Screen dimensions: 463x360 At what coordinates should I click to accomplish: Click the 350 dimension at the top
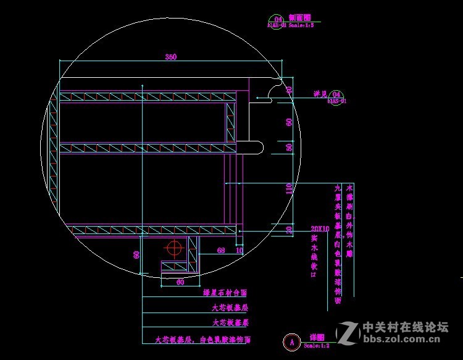point(171,57)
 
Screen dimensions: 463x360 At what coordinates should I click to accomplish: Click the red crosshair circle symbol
point(175,248)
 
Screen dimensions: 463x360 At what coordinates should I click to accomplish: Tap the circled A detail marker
point(291,340)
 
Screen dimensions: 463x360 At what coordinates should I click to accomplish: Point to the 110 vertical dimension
point(289,189)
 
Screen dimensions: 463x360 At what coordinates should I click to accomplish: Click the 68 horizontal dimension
point(221,250)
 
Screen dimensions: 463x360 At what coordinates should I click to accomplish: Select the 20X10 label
point(320,228)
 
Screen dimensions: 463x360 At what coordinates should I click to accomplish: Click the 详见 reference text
point(320,94)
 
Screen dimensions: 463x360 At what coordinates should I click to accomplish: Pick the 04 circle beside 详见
point(336,94)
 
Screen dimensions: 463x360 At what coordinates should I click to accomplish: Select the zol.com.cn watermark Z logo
point(349,332)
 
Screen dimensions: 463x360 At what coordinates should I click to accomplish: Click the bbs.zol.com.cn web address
point(406,338)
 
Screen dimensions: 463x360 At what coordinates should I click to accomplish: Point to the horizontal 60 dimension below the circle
point(180,282)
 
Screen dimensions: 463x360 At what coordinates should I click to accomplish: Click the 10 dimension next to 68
point(240,250)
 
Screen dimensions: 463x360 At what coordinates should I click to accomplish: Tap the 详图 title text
point(317,337)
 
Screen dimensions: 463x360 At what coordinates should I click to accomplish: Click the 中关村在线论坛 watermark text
point(405,327)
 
